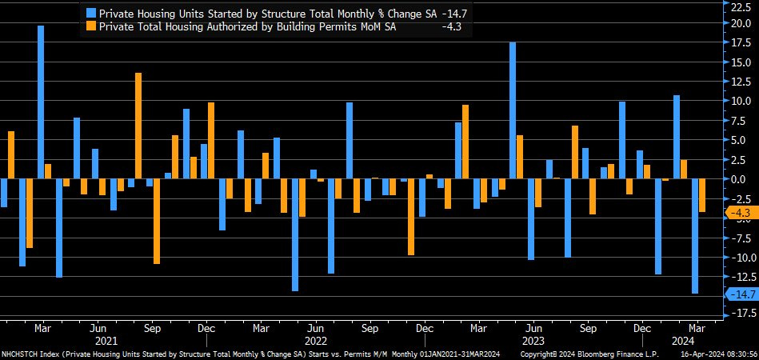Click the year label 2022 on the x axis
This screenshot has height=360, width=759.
(x=315, y=341)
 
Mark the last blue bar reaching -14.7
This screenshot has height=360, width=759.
(x=695, y=236)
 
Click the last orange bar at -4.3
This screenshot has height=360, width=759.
(x=702, y=195)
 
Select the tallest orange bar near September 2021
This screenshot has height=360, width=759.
(x=138, y=126)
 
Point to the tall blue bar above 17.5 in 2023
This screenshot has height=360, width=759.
(x=513, y=110)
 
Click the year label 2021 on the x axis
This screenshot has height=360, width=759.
(x=106, y=341)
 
